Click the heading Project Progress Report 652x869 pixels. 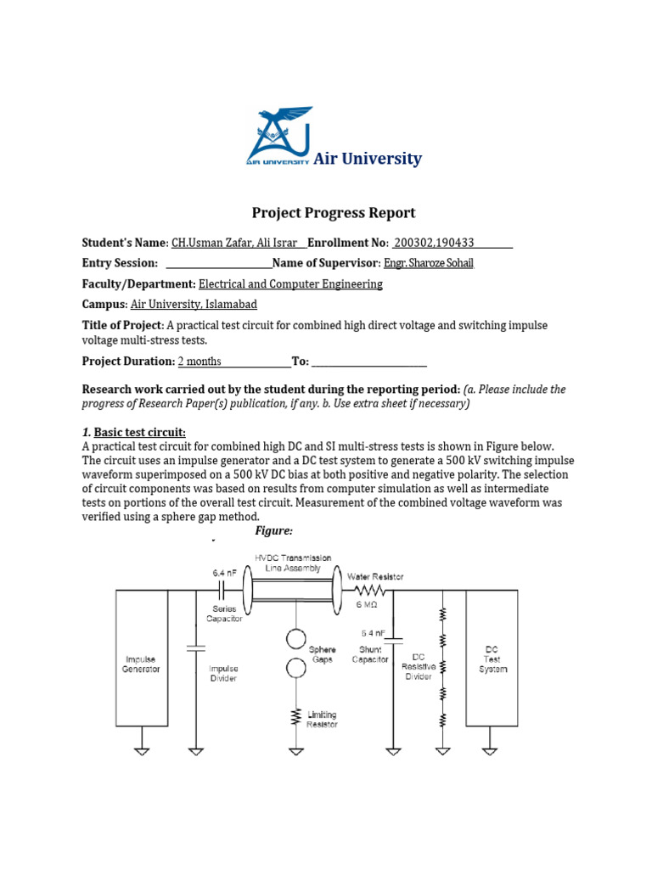click(334, 213)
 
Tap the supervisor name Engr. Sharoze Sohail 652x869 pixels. click(429, 263)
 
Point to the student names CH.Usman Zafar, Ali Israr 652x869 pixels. click(234, 243)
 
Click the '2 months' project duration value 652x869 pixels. click(200, 362)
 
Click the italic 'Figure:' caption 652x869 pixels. click(273, 530)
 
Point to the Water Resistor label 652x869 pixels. click(374, 577)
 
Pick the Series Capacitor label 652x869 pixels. click(224, 614)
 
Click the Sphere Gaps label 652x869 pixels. click(323, 654)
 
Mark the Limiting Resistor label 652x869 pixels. click(322, 720)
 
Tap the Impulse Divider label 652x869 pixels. click(224, 673)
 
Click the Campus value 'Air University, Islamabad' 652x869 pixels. click(194, 305)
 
